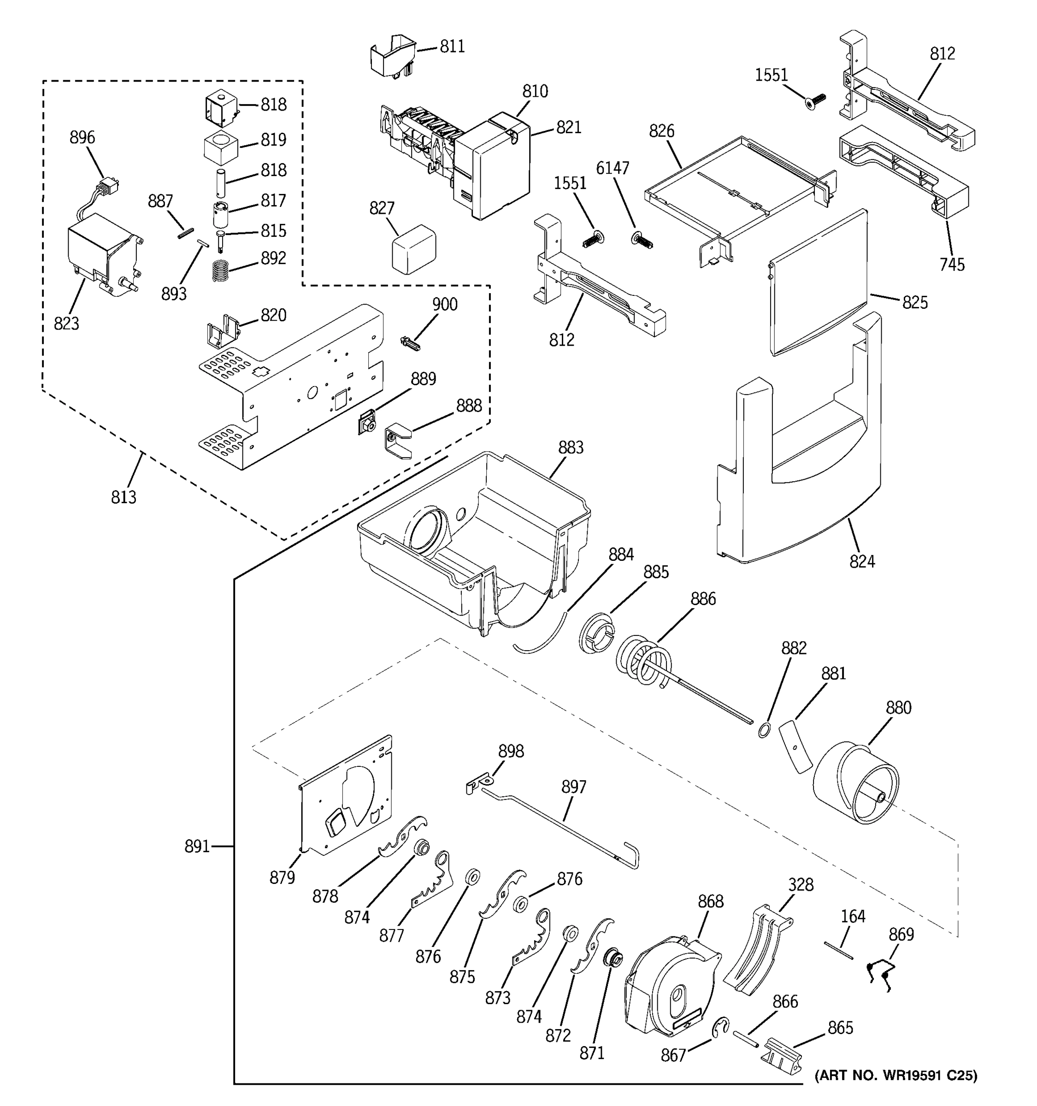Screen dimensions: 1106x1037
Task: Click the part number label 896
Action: click(82, 137)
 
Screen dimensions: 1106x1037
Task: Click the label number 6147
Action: click(613, 168)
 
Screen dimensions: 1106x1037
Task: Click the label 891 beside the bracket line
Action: click(197, 847)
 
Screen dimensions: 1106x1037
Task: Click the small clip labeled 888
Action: click(397, 441)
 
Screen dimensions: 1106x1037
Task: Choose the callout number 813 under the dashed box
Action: click(124, 497)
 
